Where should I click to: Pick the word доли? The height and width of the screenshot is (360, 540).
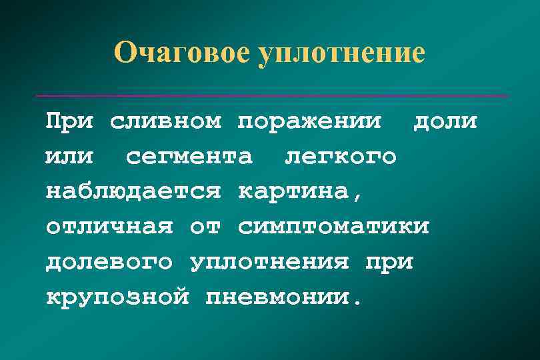click(445, 123)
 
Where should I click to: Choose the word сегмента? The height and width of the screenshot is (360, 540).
click(189, 157)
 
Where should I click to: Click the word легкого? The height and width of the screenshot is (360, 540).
click(341, 157)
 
